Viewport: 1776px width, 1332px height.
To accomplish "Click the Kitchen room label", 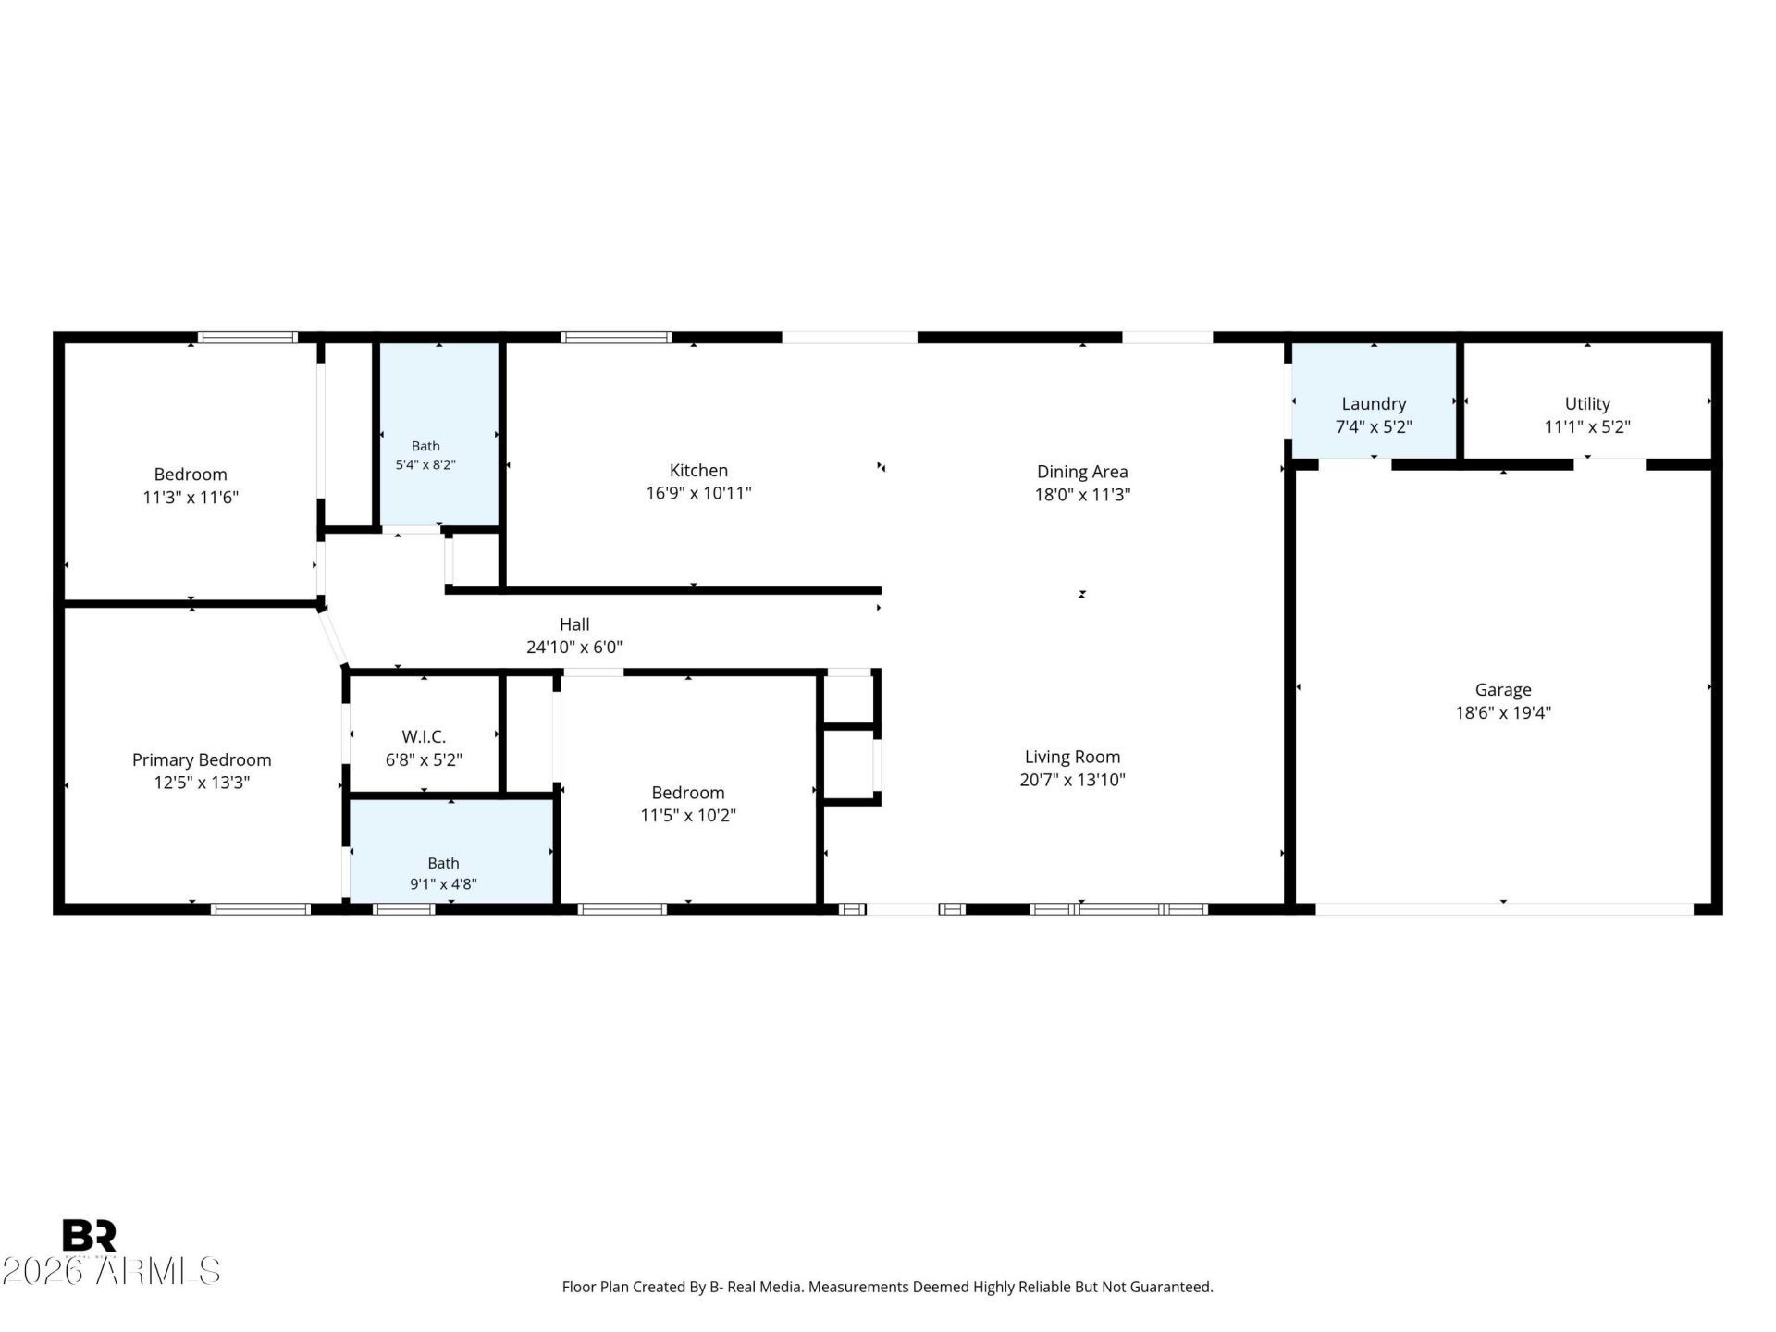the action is click(x=698, y=471).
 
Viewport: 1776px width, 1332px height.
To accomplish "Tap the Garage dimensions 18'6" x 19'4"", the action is click(x=1503, y=712).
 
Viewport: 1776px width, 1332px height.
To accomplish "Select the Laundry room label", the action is click(x=1374, y=404).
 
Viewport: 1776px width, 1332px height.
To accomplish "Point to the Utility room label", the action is click(x=1587, y=404).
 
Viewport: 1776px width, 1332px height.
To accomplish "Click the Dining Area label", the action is click(x=1082, y=472).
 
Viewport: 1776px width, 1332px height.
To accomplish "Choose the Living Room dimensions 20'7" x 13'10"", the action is click(x=1072, y=780).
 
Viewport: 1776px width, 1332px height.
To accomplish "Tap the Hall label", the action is click(x=574, y=624).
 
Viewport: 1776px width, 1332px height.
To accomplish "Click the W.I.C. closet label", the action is click(x=424, y=737).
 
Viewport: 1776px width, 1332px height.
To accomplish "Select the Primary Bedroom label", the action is click(x=202, y=760).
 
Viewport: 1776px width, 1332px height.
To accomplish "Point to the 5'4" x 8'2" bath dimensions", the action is click(x=425, y=464).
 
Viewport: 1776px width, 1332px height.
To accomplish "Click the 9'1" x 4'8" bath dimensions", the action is click(x=443, y=883).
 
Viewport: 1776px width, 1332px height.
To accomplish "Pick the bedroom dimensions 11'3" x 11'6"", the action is click(x=191, y=498).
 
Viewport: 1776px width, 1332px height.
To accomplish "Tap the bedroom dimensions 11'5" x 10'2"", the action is click(x=688, y=815).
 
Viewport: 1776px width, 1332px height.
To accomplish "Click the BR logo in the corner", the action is click(x=89, y=1235).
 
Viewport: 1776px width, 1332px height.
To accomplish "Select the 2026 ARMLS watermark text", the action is click(x=111, y=1271).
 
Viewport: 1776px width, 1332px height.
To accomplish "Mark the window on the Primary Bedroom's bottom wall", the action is click(x=261, y=909).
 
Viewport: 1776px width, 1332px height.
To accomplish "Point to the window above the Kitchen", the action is click(x=616, y=338).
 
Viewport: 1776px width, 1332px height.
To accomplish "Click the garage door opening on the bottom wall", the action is click(x=1504, y=909).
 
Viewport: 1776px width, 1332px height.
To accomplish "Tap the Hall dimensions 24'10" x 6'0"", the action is click(x=574, y=647).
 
